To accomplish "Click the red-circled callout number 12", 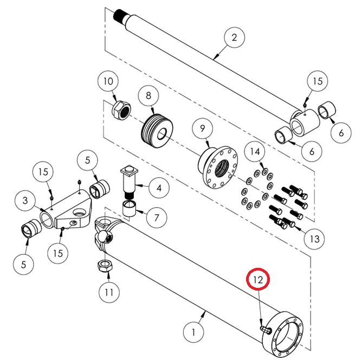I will tap(258, 280).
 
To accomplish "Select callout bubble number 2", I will tap(234, 38).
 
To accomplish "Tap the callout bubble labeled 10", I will tap(108, 82).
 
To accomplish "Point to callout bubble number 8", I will tap(148, 95).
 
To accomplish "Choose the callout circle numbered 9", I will tap(203, 129).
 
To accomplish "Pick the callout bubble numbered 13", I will tap(314, 237).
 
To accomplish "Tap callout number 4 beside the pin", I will tap(159, 189).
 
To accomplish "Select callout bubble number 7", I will tap(156, 218).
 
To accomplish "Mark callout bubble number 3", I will tap(25, 201).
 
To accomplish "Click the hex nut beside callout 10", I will tap(120, 111).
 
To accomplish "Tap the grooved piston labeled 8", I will tap(157, 131).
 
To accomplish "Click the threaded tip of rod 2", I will tap(122, 15).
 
